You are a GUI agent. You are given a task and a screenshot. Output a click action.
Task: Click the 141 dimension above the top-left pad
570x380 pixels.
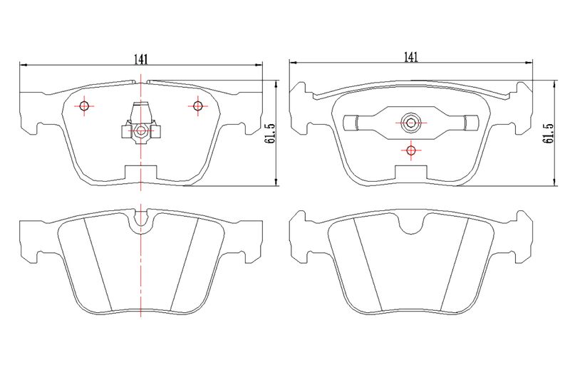pos(140,59)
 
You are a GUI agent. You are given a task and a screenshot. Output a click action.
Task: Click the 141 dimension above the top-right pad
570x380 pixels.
pos(411,57)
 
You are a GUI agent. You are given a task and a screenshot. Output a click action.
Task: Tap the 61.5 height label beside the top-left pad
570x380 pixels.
pos(272,134)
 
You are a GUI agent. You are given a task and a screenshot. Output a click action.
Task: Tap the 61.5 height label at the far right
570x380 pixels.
pos(548,133)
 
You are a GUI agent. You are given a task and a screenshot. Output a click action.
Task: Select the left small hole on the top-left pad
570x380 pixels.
pos(84,106)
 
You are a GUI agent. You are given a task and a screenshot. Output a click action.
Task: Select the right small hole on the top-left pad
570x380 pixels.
pos(198,106)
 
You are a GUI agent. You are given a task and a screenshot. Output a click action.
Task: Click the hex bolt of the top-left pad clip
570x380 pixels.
pos(140,130)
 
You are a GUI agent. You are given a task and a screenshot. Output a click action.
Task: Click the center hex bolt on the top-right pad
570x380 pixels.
pos(411,123)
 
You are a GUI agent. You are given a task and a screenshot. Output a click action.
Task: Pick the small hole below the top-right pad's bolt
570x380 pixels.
pos(411,150)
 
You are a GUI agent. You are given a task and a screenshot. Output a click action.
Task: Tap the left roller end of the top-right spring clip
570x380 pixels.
pos(351,123)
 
